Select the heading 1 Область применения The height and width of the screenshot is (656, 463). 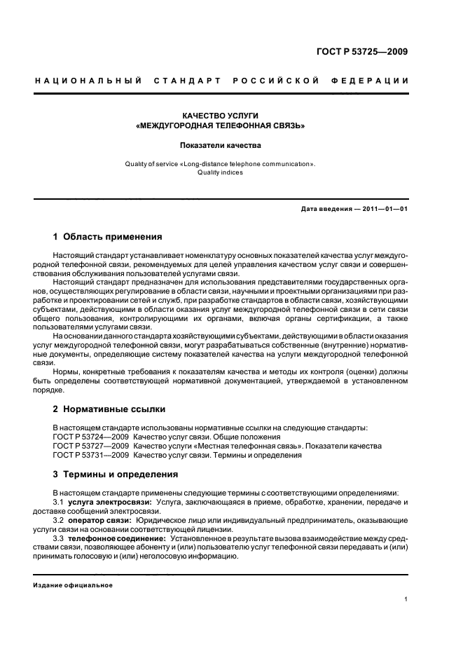point(108,237)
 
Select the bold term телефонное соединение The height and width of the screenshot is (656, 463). point(116,538)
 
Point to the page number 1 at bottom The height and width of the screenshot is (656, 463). point(406,599)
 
